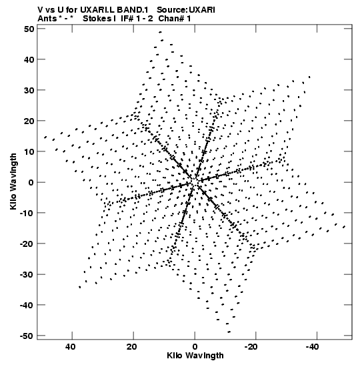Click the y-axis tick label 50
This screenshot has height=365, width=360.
click(x=29, y=29)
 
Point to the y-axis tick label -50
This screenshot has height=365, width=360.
click(x=27, y=336)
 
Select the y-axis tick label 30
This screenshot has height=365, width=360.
click(x=29, y=90)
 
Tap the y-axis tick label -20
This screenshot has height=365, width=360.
click(x=27, y=244)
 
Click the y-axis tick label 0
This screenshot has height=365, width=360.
click(x=31, y=182)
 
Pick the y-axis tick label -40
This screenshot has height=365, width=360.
click(x=27, y=305)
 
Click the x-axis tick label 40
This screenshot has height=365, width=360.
click(x=70, y=347)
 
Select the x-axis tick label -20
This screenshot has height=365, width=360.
click(x=251, y=347)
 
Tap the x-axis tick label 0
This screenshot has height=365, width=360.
click(x=195, y=347)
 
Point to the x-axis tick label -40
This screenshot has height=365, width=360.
click(x=312, y=347)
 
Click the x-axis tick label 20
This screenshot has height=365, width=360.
click(x=131, y=347)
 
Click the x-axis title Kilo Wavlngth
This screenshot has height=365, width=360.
click(x=195, y=356)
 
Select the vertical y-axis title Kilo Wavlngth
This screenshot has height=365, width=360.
click(x=13, y=181)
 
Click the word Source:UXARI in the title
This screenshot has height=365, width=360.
click(x=186, y=10)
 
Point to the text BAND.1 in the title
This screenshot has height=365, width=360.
click(x=133, y=10)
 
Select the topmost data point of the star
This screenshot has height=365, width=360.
click(x=160, y=32)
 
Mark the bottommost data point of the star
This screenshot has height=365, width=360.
click(x=229, y=332)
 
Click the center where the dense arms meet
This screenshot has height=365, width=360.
click(x=195, y=181)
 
